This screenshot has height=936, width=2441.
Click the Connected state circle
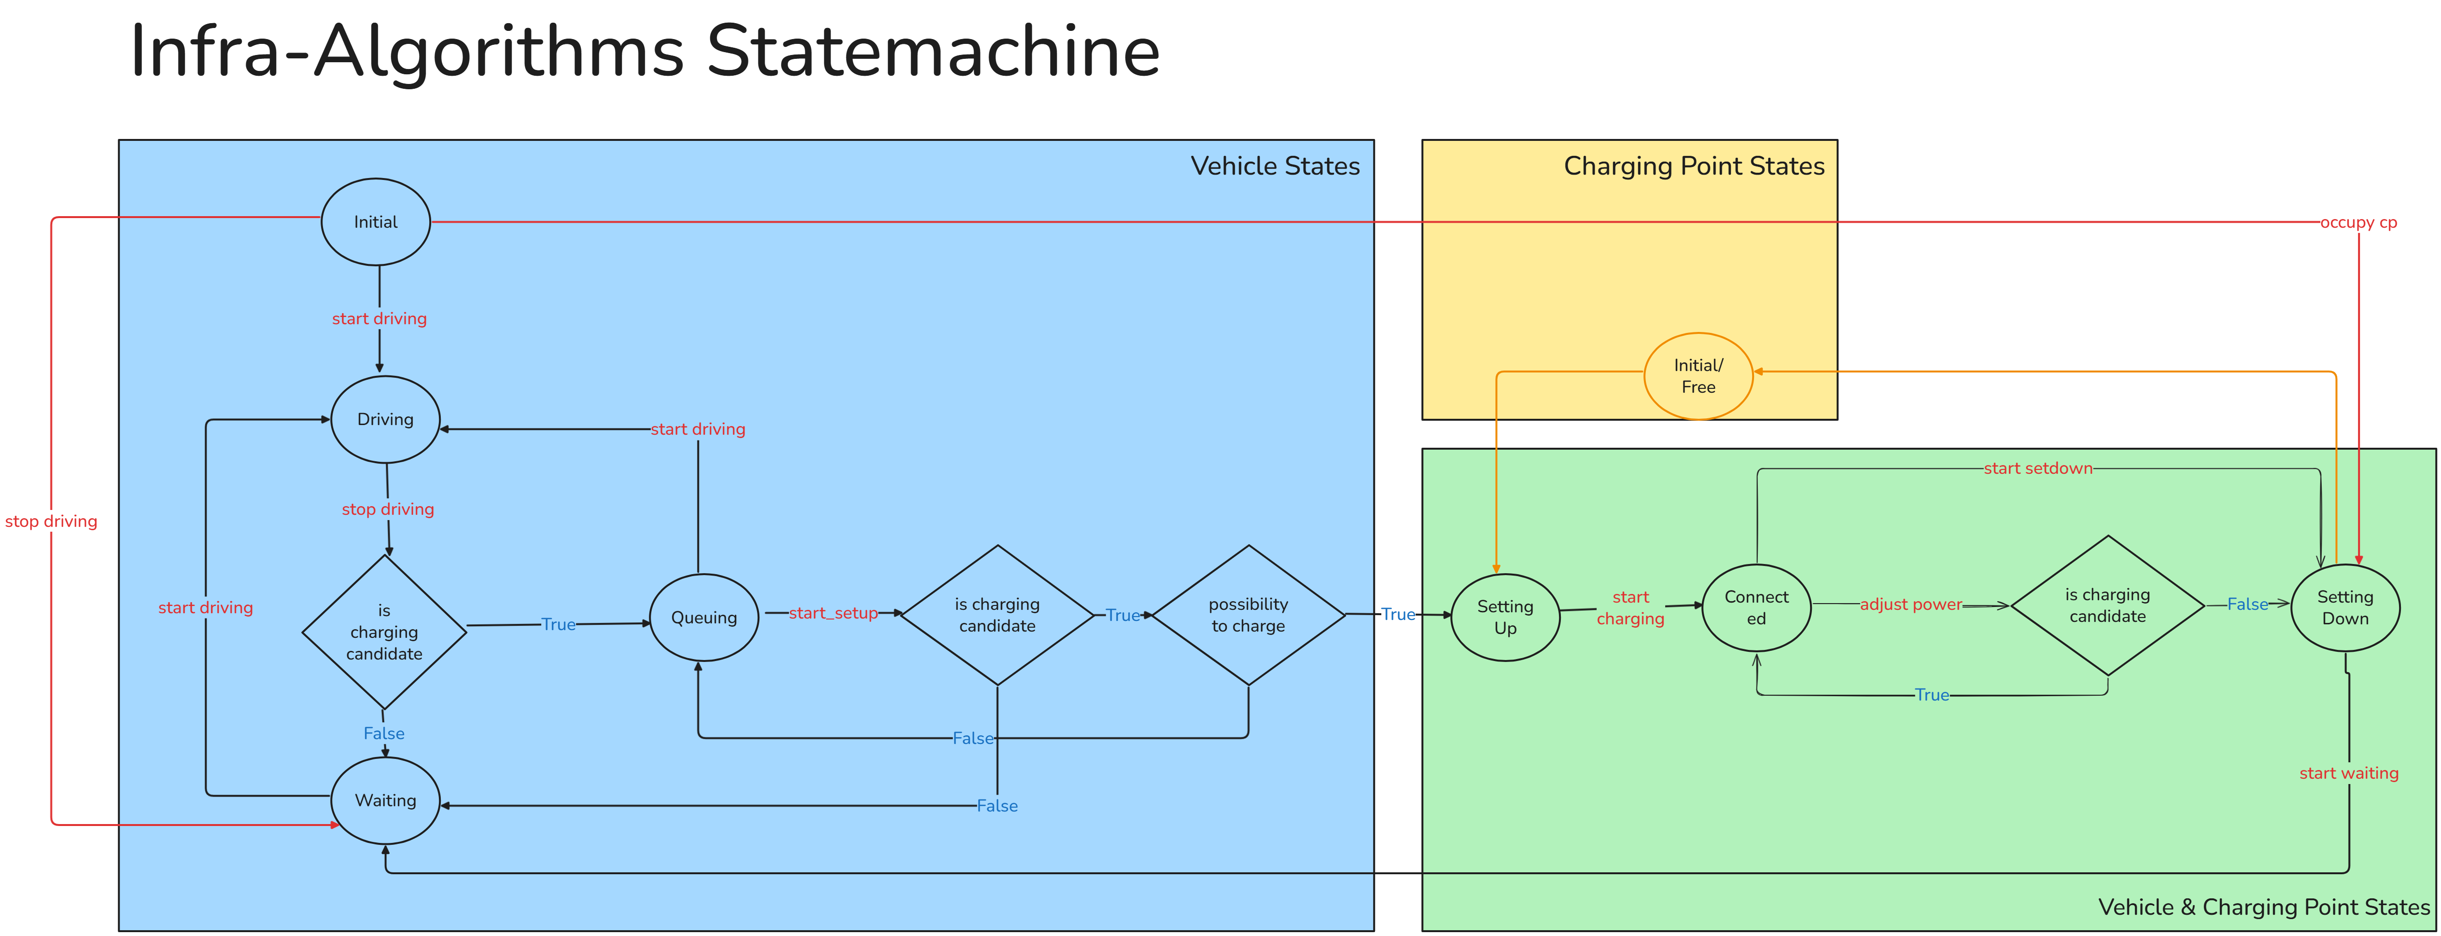pos(1756,607)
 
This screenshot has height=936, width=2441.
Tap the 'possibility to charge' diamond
pos(1248,615)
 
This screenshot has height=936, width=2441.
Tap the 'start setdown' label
pos(2037,468)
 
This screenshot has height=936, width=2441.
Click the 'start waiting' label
pos(2348,773)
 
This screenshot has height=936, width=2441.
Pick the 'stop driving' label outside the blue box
pos(51,521)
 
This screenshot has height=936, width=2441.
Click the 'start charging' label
pos(1630,607)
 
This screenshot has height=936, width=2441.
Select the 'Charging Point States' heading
pos(1693,166)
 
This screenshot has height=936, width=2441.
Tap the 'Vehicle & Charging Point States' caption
pos(2264,907)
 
